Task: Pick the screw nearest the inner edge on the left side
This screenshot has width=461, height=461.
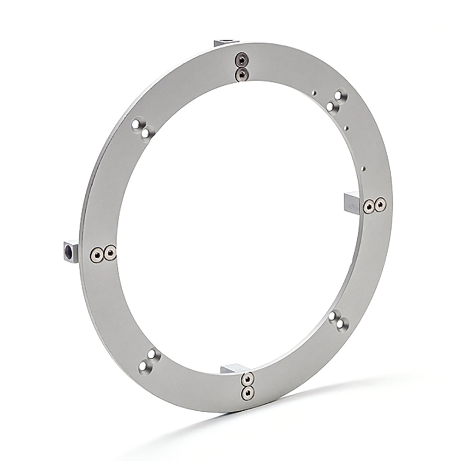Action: (x=110, y=252)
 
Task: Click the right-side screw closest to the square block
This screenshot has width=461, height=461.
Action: (x=368, y=207)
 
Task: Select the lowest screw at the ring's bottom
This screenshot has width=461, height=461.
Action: (x=248, y=392)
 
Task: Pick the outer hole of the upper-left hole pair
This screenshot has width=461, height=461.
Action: (x=137, y=125)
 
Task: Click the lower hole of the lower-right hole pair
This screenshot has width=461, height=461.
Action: (x=341, y=325)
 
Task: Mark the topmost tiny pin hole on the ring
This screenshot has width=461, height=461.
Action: (x=315, y=93)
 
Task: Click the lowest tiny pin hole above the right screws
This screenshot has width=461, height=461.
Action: (x=364, y=169)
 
